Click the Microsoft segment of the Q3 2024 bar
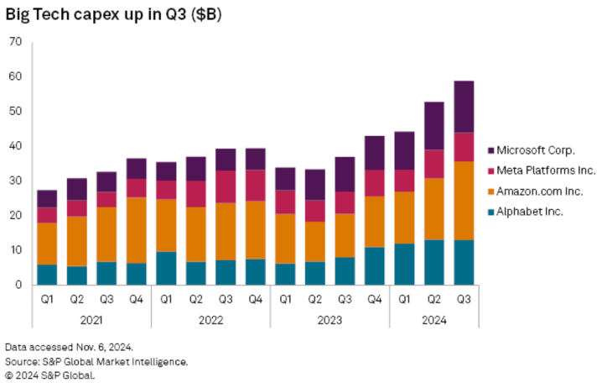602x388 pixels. [x=464, y=107]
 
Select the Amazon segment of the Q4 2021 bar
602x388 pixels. [x=137, y=230]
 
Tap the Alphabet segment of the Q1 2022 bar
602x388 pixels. [x=166, y=269]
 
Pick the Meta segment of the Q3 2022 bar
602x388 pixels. [x=226, y=187]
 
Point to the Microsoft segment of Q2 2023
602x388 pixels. [x=314, y=185]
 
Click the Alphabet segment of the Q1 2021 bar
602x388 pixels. [x=47, y=275]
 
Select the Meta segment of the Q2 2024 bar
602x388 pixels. [x=434, y=165]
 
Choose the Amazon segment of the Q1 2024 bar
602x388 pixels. [x=404, y=218]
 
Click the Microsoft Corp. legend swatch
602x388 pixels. [x=490, y=150]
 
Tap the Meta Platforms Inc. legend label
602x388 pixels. [x=546, y=170]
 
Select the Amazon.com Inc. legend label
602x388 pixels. [x=539, y=191]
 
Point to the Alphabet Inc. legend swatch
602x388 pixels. [x=490, y=212]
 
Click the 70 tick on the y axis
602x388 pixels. [x=15, y=41]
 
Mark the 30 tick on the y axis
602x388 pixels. [x=15, y=181]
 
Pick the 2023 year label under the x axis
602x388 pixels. [x=330, y=320]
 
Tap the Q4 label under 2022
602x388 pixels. [x=256, y=299]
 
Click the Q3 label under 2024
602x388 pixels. [x=464, y=299]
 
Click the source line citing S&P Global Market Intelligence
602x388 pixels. [x=96, y=362]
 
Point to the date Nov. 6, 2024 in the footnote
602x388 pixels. [x=105, y=347]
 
